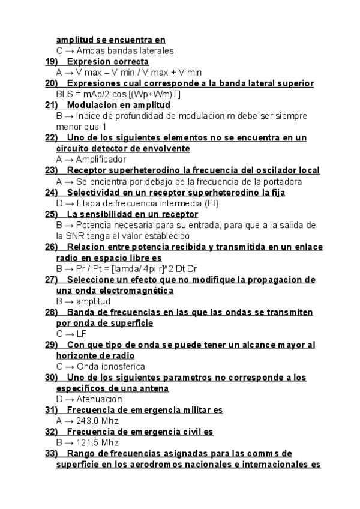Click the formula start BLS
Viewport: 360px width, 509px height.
[65, 94]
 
